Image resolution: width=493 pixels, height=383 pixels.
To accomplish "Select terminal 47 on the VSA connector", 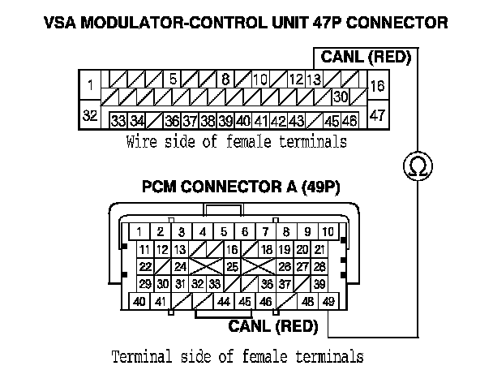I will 378,116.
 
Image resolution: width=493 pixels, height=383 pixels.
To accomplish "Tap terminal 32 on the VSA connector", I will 90,116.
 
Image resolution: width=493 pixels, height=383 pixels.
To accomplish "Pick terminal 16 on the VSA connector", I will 378,84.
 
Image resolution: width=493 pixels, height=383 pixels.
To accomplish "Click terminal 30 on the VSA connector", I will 340,97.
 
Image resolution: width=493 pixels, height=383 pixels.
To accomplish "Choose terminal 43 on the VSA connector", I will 296,121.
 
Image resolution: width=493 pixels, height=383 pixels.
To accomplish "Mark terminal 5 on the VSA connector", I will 173,80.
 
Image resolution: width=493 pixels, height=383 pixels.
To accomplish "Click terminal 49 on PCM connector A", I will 328,303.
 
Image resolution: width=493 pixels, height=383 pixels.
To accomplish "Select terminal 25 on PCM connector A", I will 232,266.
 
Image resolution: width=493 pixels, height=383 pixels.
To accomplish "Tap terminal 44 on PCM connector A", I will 223,303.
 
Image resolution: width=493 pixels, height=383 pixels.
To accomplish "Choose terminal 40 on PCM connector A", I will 139,303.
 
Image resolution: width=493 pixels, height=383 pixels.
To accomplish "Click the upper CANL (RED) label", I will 366,58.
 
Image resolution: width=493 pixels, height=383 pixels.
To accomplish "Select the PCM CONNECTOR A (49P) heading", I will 241,187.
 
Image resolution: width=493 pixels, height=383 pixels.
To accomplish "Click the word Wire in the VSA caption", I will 140,142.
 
